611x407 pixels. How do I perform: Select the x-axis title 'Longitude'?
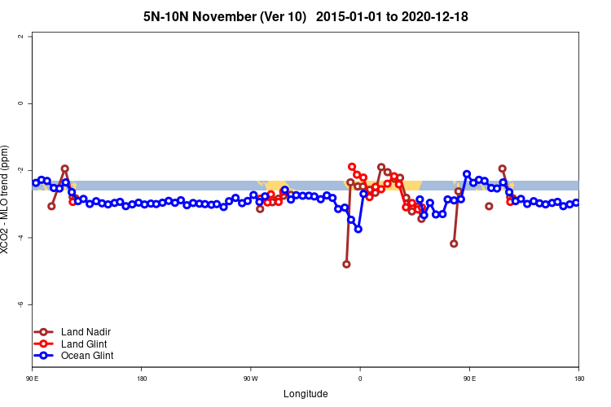[305, 394]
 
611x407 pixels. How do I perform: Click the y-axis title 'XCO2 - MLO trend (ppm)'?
[7, 199]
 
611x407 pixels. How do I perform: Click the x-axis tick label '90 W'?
[250, 379]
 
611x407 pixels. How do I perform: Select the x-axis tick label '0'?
[360, 379]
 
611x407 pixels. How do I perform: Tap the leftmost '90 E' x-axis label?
[32, 379]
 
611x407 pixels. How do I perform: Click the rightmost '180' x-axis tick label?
[578, 379]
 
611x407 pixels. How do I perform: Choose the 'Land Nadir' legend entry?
[86, 332]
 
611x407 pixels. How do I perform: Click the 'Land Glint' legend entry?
[85, 344]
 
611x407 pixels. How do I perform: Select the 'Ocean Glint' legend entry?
[87, 355]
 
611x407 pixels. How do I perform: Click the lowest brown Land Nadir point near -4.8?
[346, 264]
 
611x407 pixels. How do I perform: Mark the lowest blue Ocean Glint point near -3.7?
[358, 229]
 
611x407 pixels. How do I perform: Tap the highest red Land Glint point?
[352, 166]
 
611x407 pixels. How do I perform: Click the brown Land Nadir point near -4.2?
[454, 243]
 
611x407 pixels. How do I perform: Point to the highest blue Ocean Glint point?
[467, 174]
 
